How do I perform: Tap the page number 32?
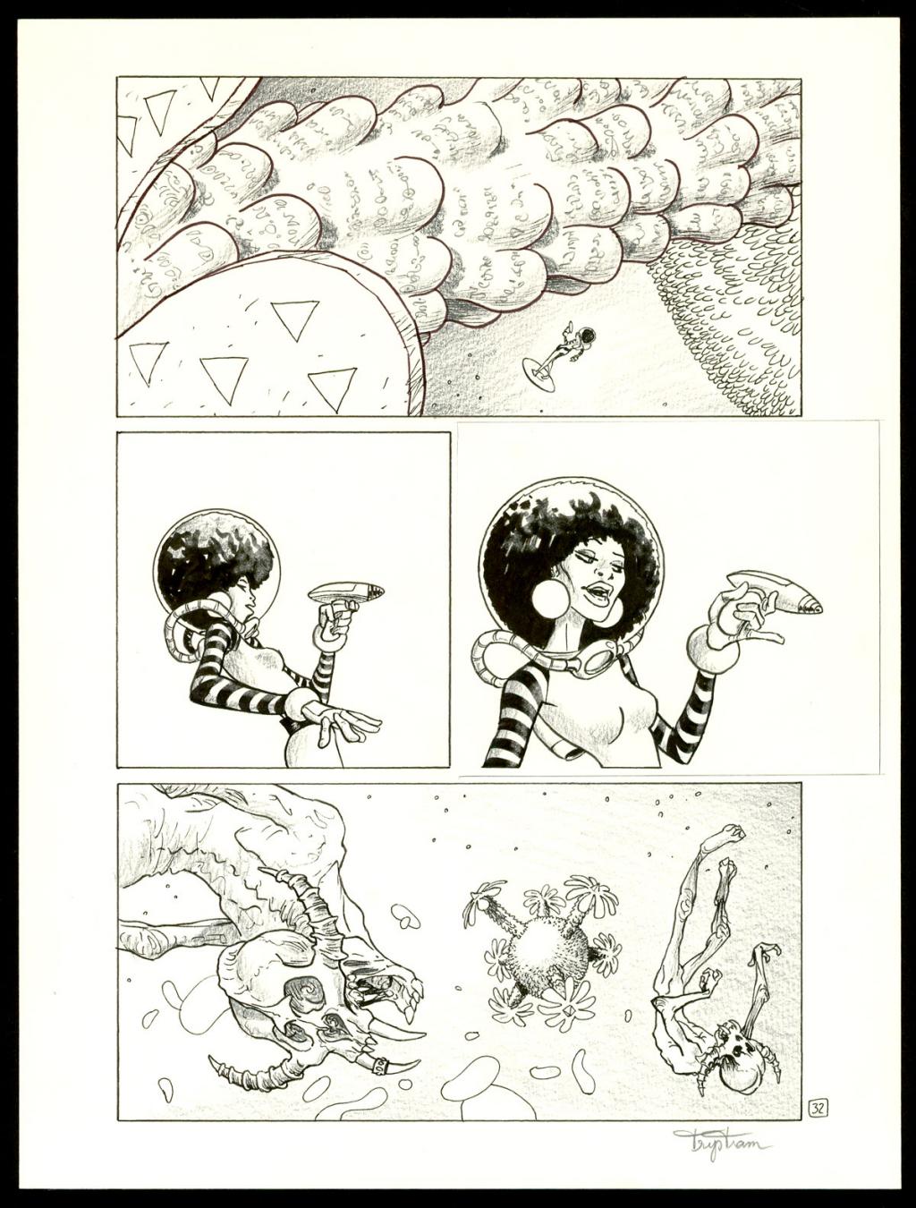point(817,1107)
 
